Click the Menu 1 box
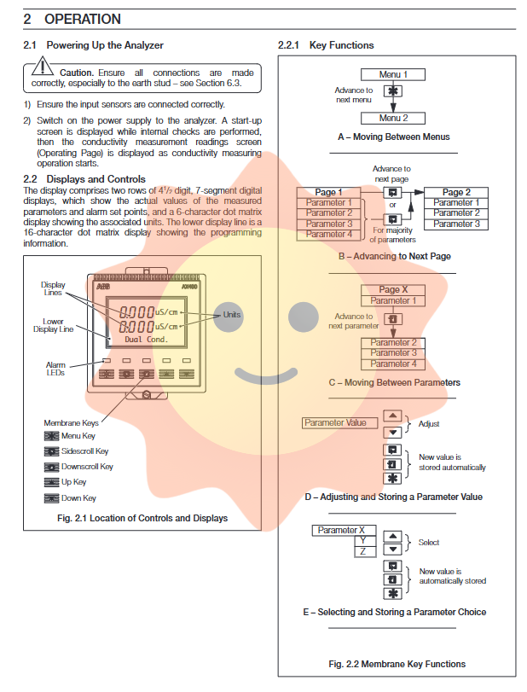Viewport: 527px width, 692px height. [x=393, y=75]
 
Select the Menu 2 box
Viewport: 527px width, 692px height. [x=393, y=119]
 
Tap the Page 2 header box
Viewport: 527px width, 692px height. [x=456, y=193]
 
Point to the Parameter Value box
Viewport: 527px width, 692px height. [x=335, y=422]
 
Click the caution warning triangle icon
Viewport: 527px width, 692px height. [x=42, y=68]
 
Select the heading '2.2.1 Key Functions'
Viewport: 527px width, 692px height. [x=326, y=45]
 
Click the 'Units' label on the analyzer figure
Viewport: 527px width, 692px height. [x=231, y=315]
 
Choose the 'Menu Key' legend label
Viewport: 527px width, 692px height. [x=78, y=436]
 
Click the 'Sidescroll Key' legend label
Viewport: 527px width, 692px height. [x=84, y=451]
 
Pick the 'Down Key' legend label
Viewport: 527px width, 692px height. [x=78, y=498]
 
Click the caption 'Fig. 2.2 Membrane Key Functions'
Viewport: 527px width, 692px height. [x=397, y=664]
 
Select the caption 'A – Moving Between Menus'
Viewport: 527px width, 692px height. [x=393, y=137]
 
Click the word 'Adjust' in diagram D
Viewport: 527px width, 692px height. [x=429, y=423]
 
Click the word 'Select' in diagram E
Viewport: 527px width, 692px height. [x=429, y=543]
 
